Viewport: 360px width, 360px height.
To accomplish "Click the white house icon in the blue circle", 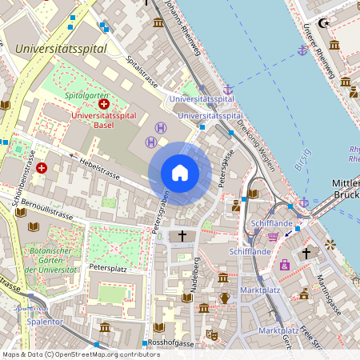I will click(180, 173).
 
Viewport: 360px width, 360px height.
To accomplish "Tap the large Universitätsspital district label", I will click(62, 49).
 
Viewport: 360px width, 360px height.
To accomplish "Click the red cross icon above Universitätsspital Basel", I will click(104, 105).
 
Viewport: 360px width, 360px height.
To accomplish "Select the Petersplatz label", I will click(109, 266).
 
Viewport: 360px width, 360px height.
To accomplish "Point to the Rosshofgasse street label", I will click(170, 343).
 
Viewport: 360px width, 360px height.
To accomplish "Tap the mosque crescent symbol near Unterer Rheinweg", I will click(324, 24).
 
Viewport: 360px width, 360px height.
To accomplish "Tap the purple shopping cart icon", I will click(274, 236).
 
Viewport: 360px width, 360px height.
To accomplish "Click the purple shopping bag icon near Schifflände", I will click(283, 264).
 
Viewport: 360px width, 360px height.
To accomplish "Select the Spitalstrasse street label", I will click(144, 70).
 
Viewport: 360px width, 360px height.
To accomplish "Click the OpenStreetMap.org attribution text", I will click(104, 354).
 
